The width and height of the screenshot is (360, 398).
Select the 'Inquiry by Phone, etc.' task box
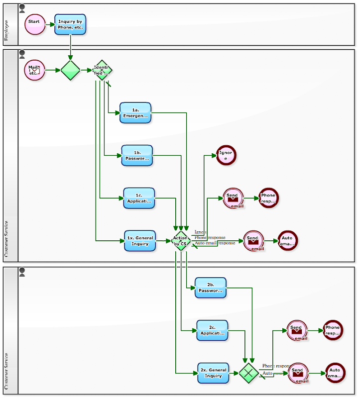point(70,24)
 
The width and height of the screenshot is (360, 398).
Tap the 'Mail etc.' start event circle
point(34,70)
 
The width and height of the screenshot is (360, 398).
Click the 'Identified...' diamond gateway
point(102,70)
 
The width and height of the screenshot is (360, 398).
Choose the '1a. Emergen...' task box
point(135,113)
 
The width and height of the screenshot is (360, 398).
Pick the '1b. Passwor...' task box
point(137,156)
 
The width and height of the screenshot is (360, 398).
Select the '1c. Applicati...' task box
point(139,198)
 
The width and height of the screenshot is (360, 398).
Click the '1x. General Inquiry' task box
point(140,241)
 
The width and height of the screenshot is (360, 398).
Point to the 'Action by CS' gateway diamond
point(180,241)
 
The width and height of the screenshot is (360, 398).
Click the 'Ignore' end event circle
point(226,155)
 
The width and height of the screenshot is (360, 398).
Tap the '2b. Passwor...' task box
point(210,288)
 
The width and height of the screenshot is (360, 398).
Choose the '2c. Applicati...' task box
point(212,330)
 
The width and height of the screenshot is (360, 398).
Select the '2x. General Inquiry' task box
point(214,373)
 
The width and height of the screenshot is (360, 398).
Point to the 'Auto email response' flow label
point(215,243)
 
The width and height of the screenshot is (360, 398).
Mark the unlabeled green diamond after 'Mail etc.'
point(70,70)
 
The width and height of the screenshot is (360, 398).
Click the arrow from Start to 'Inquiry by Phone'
point(49,24)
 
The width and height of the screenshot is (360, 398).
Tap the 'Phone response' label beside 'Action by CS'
point(210,238)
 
